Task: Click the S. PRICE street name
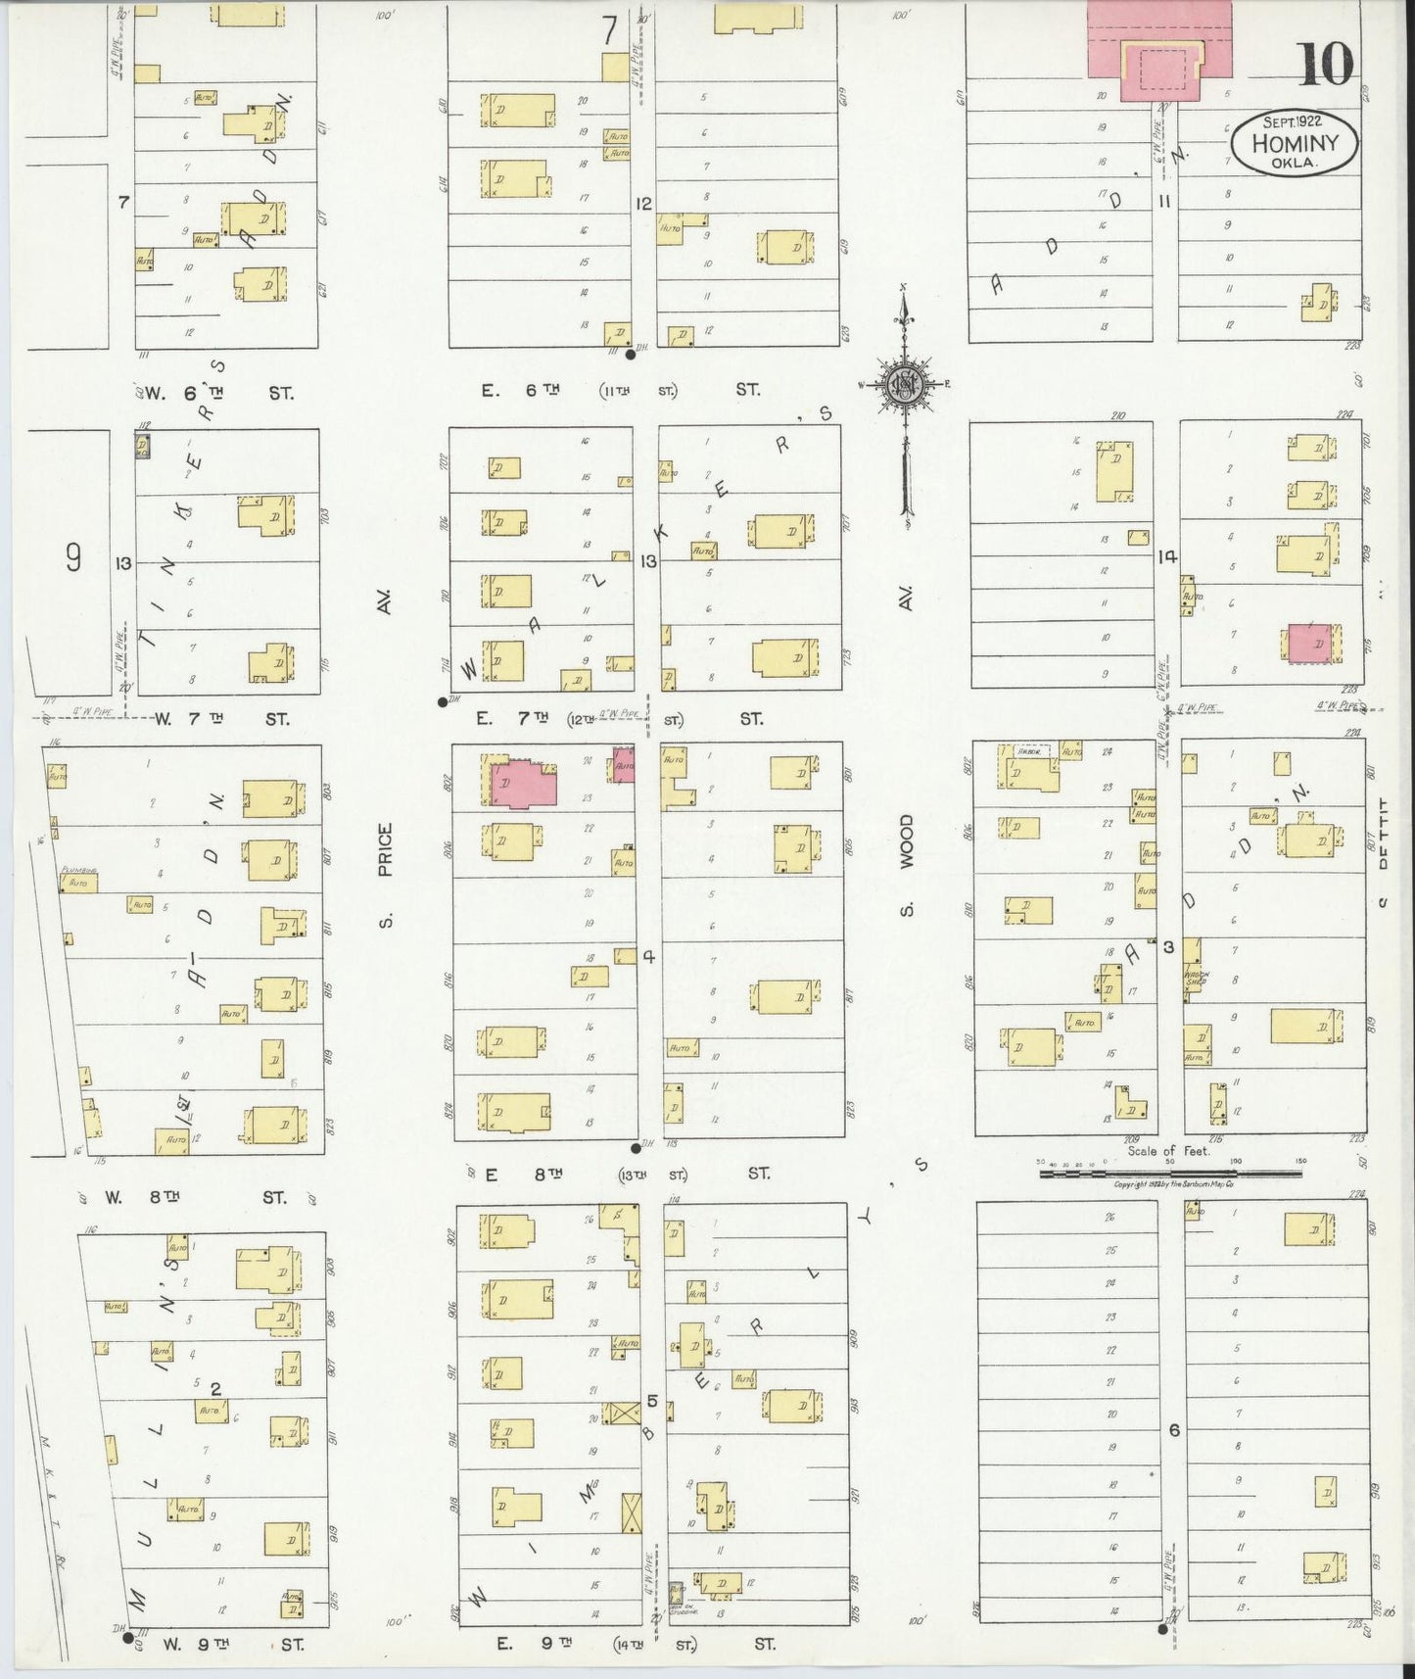(x=386, y=874)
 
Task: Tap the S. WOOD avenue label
(x=906, y=865)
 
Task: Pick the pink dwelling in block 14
(x=1309, y=644)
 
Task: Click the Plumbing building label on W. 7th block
(x=75, y=870)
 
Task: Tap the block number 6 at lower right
(x=1173, y=1430)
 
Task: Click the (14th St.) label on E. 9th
(x=638, y=1644)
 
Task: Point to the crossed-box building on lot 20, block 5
(x=621, y=1413)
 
